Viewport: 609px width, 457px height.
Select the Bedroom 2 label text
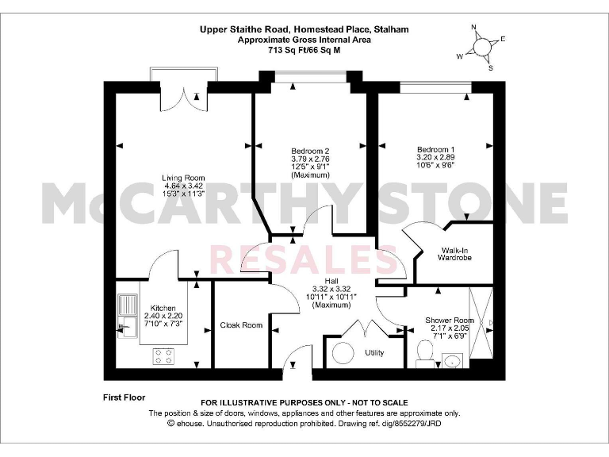point(309,152)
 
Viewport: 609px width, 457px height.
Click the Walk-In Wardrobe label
point(454,253)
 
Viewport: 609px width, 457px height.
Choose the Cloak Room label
point(241,325)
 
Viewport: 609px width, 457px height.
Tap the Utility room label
point(374,351)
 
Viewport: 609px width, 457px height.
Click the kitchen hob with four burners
point(163,356)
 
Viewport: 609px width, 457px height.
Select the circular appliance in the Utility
point(343,352)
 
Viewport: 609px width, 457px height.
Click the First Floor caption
point(124,396)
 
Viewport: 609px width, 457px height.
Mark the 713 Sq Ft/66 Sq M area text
point(304,50)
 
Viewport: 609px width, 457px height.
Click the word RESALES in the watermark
point(305,259)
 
